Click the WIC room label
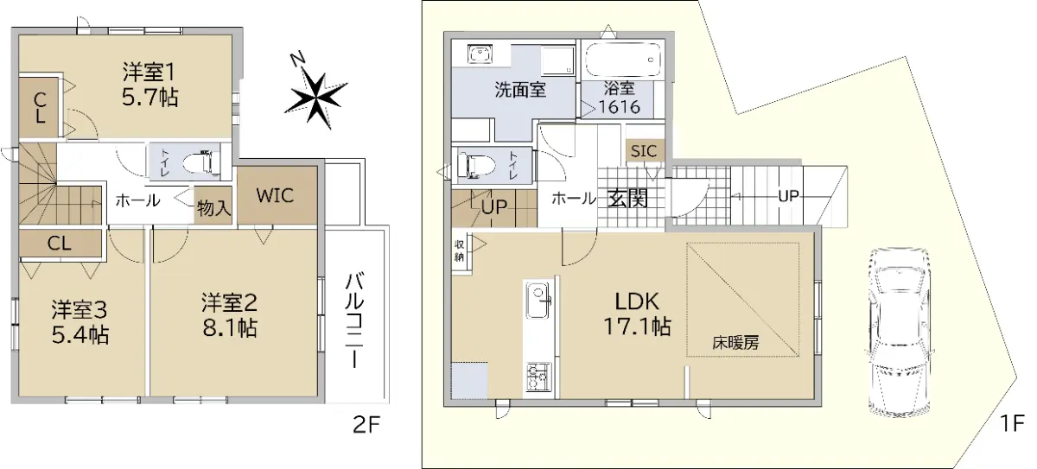[275, 196]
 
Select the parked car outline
[899, 333]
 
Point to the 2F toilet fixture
[202, 162]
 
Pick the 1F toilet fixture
[476, 165]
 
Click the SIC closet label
[644, 151]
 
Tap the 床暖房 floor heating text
[735, 343]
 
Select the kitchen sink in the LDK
[538, 301]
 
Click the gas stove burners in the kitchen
[539, 377]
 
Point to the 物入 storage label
[213, 208]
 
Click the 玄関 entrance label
[627, 199]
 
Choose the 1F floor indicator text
[1012, 423]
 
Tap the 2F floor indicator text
[366, 425]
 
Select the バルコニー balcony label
[355, 320]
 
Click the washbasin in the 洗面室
[480, 54]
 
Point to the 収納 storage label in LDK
[459, 250]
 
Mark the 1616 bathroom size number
[620, 107]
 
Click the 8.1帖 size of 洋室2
[230, 328]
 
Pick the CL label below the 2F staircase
[60, 244]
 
